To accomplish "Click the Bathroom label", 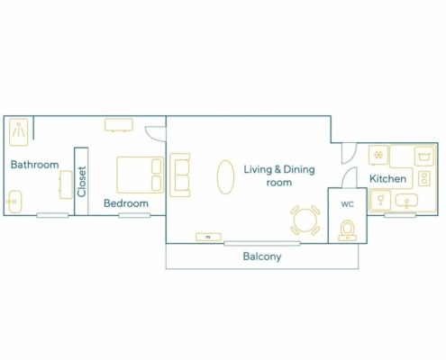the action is (34, 165).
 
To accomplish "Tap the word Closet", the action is (81, 182).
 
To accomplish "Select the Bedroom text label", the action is (126, 203).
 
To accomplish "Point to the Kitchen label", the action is (387, 178).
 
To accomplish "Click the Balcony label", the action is (262, 256).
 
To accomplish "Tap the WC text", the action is (347, 204).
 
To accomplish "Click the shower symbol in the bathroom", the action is (19, 132).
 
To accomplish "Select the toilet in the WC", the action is (348, 230).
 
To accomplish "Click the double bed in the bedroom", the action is (141, 175).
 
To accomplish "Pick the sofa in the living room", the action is (179, 175).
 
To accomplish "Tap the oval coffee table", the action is (225, 177).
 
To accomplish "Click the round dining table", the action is (305, 220).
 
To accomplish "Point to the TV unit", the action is (208, 237).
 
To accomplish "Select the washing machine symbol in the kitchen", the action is (424, 157).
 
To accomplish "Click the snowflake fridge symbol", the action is (378, 155).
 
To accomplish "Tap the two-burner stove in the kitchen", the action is (424, 178).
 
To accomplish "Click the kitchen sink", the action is (406, 201).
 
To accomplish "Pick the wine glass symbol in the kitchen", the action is (381, 200).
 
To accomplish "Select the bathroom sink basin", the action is (14, 202).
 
